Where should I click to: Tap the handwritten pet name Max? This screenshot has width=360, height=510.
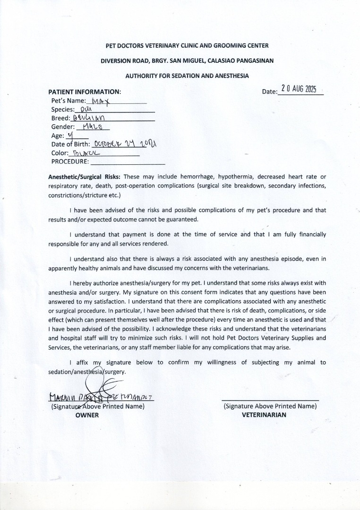point(101,101)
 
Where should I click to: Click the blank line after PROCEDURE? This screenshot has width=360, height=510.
point(128,161)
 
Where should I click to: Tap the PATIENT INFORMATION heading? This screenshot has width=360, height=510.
point(85,92)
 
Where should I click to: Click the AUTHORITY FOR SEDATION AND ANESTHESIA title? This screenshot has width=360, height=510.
point(187,76)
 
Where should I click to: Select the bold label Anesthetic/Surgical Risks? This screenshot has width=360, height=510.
point(85,177)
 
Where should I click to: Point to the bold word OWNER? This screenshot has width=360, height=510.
point(87,415)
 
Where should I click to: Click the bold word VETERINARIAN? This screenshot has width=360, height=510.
point(264,415)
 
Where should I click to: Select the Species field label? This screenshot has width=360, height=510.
point(63,110)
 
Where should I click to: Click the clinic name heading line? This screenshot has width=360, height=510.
point(187,46)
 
